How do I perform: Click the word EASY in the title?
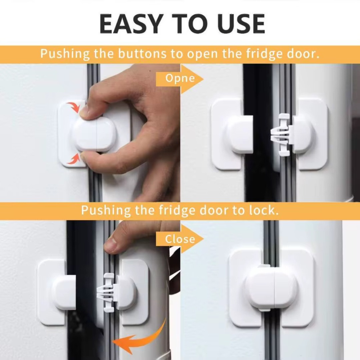point(130,23)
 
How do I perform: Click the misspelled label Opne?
point(180,78)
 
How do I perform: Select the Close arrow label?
point(180,239)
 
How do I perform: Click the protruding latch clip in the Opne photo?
point(281,135)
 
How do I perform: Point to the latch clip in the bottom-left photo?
point(107,293)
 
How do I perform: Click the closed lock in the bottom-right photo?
point(271,288)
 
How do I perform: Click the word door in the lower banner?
point(214,210)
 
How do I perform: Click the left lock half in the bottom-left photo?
point(56,293)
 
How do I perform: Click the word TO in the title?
point(190,23)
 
